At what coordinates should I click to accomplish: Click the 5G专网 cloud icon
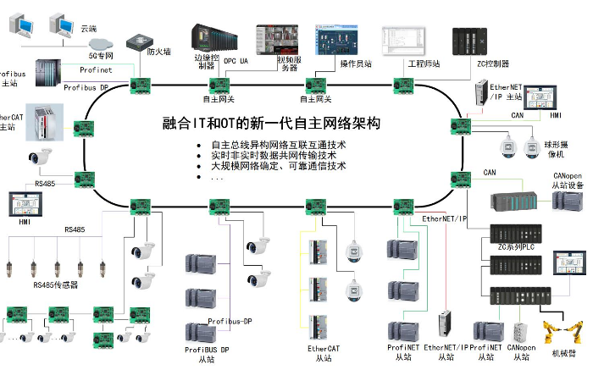click(100, 41)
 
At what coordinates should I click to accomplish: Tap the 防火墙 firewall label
click(158, 52)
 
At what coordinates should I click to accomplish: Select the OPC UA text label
click(236, 62)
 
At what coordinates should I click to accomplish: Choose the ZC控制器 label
click(493, 63)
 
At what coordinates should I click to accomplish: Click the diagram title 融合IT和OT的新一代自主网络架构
click(272, 124)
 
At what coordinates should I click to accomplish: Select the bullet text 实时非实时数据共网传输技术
click(274, 155)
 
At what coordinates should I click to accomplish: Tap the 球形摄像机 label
click(557, 149)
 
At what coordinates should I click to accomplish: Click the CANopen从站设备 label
click(563, 180)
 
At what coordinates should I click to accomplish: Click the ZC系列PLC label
click(517, 246)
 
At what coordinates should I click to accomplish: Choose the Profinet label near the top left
click(97, 69)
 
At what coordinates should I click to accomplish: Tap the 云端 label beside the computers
click(88, 28)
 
